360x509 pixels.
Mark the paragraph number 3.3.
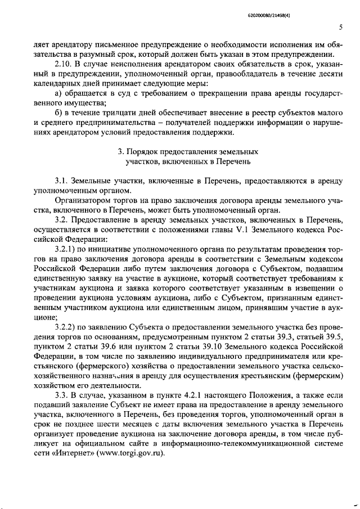(x=61, y=395)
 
